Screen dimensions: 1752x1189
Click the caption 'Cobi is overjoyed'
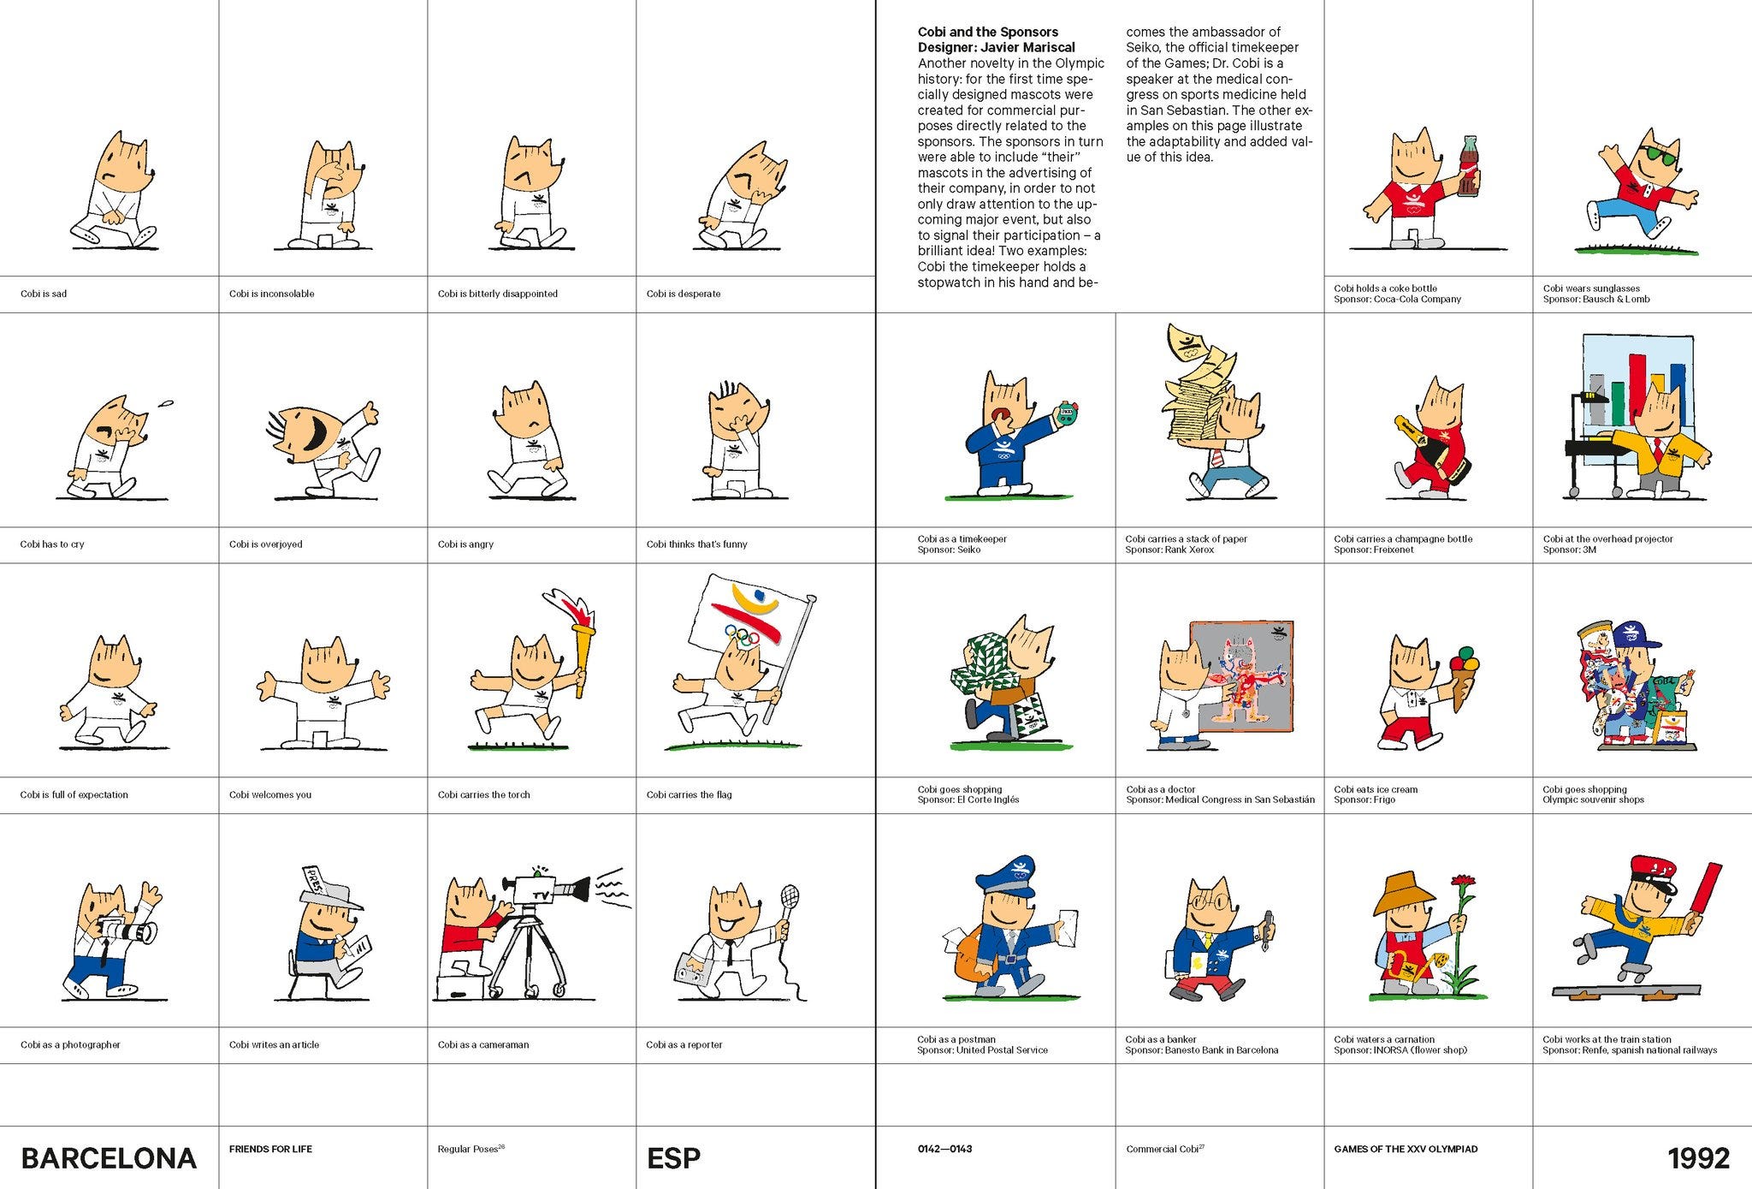[x=266, y=544]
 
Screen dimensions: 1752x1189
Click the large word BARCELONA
[x=109, y=1158]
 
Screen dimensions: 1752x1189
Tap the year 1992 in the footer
[x=1699, y=1158]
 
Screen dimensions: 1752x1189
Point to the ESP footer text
[x=674, y=1158]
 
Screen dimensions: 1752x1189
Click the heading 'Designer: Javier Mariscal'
[x=997, y=48]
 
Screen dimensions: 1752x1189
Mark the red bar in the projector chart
[x=1636, y=395]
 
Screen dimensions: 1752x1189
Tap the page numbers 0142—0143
[x=944, y=1149]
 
